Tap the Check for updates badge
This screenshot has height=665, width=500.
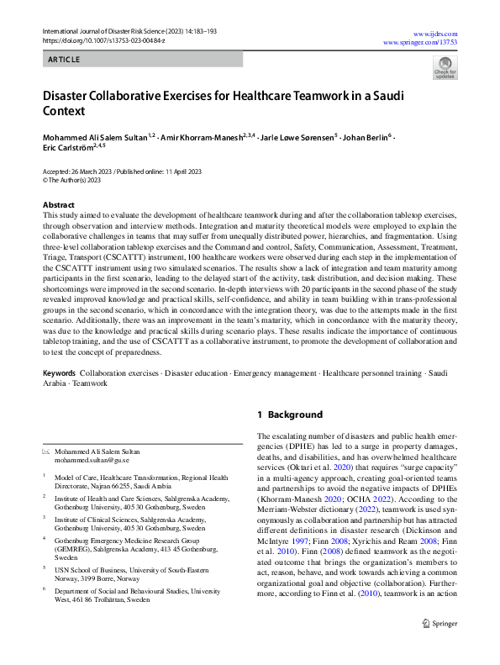pos(445,68)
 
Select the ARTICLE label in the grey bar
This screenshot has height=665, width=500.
pos(64,60)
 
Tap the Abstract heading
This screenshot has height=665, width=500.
pos(58,205)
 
